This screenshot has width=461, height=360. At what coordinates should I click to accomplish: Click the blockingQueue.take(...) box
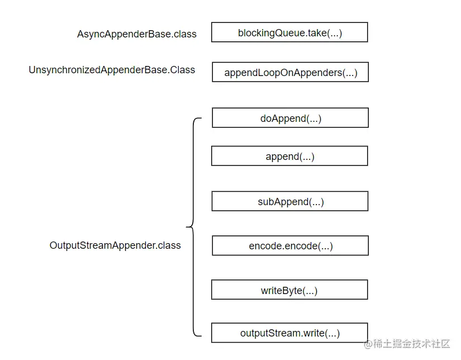[x=289, y=32]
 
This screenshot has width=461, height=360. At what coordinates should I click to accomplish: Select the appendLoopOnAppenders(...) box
[x=290, y=72]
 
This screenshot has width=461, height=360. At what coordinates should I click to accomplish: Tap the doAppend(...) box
[x=290, y=117]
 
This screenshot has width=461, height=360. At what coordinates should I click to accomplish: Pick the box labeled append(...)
[x=289, y=156]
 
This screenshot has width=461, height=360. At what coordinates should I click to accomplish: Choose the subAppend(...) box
[x=290, y=201]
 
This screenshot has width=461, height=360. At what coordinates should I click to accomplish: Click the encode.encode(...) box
[x=290, y=245]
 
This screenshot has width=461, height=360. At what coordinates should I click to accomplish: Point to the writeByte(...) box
[x=289, y=290]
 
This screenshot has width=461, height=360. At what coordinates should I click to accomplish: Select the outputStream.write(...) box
[x=289, y=333]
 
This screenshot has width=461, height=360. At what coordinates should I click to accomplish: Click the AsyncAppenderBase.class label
[x=137, y=34]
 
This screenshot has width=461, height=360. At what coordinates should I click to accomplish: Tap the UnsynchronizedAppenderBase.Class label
[x=112, y=70]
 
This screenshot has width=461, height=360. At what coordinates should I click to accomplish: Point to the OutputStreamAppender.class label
[x=115, y=245]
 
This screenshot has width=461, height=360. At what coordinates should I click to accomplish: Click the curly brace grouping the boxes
[x=193, y=227]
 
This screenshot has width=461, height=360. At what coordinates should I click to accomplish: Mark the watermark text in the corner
[x=407, y=344]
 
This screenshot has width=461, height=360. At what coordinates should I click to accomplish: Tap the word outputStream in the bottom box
[x=270, y=333]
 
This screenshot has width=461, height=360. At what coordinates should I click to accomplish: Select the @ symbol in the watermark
[x=368, y=344]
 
